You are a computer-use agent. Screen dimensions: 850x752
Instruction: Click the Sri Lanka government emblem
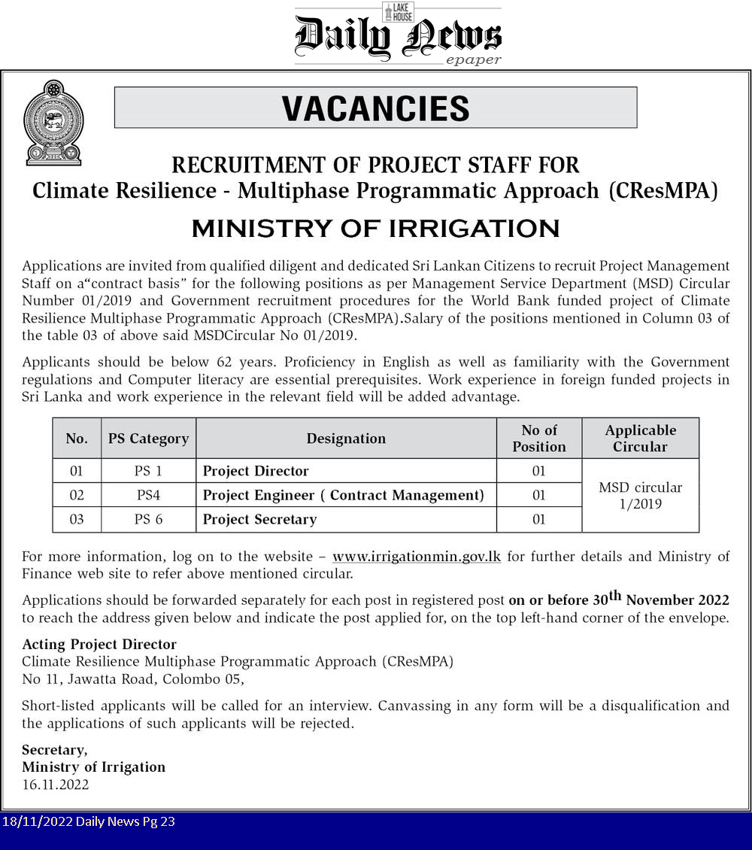pyautogui.click(x=53, y=123)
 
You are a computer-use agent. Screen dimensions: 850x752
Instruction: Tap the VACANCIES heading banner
pyautogui.click(x=375, y=108)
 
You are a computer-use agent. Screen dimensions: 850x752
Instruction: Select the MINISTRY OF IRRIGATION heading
pyautogui.click(x=375, y=229)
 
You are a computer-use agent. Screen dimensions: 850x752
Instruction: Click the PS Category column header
pyautogui.click(x=148, y=439)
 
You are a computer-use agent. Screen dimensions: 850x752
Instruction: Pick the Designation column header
pyautogui.click(x=346, y=439)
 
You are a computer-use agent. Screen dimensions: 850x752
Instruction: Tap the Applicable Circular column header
pyautogui.click(x=640, y=439)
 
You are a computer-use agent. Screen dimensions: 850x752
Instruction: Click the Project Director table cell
pyautogui.click(x=256, y=471)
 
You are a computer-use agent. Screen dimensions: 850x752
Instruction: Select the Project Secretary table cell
pyautogui.click(x=259, y=519)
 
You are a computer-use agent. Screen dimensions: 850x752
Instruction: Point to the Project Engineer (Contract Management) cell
pyautogui.click(x=343, y=495)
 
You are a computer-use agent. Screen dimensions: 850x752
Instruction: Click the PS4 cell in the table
pyautogui.click(x=148, y=495)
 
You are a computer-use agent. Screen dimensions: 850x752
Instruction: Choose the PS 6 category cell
pyautogui.click(x=148, y=519)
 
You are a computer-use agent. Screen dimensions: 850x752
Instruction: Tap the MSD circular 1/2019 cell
pyautogui.click(x=640, y=496)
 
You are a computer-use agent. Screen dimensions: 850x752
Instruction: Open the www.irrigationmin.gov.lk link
pyautogui.click(x=417, y=557)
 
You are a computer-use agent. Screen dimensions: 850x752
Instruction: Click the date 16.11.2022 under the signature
pyautogui.click(x=56, y=785)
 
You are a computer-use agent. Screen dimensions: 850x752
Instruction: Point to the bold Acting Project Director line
pyautogui.click(x=99, y=644)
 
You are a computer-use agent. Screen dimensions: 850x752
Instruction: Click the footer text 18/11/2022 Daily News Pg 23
pyautogui.click(x=89, y=821)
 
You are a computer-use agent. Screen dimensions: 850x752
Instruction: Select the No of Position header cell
pyautogui.click(x=539, y=439)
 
